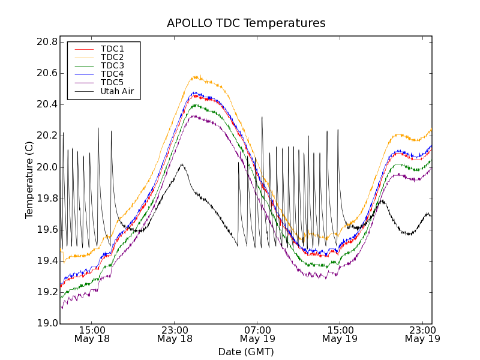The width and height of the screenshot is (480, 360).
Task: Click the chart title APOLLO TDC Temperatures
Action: pos(246,23)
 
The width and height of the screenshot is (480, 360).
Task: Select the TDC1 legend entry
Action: pos(112,49)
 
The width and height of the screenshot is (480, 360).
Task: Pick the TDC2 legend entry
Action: pos(112,57)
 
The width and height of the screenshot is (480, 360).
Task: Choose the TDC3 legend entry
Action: pos(112,65)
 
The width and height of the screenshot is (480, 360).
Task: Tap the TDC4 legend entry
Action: pos(112,74)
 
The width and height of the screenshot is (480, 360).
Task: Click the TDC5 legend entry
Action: pos(112,82)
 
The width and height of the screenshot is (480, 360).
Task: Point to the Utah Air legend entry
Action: pos(117,91)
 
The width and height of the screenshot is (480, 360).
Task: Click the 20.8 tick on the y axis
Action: pos(46,42)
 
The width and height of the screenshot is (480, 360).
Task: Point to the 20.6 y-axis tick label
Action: pos(46,73)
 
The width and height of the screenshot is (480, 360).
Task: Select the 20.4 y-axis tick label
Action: pos(46,104)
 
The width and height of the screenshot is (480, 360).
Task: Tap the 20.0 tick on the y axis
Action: pos(46,167)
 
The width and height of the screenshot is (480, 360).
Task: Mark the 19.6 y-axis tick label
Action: pos(46,230)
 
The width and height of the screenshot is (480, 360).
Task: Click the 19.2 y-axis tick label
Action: pos(46,292)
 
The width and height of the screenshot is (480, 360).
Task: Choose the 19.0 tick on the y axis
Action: pos(46,323)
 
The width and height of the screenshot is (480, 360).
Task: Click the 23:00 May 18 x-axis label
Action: pos(175,334)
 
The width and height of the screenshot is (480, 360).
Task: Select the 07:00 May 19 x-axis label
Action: pos(257,334)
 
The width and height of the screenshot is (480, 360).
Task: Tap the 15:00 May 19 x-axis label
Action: pos(340,334)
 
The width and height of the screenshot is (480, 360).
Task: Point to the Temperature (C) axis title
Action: pos(29,180)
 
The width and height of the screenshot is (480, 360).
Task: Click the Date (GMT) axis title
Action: pos(246,352)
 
